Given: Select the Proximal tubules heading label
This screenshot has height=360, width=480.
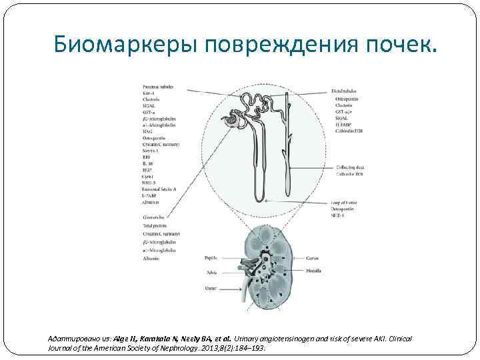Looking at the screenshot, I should pyautogui.click(x=158, y=86).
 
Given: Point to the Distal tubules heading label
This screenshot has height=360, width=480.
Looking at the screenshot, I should pyautogui.click(x=347, y=90).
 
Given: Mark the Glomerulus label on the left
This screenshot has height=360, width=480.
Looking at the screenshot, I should pyautogui.click(x=155, y=217).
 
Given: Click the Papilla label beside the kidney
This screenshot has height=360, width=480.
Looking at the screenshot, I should pyautogui.click(x=213, y=257).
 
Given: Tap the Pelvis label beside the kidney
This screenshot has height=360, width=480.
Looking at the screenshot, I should pyautogui.click(x=212, y=271).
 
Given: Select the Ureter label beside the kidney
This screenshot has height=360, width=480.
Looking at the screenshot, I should pyautogui.click(x=211, y=288).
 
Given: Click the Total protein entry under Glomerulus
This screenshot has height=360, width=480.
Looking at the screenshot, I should pyautogui.click(x=158, y=226).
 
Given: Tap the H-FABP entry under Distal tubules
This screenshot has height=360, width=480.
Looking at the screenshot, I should pyautogui.click(x=345, y=125).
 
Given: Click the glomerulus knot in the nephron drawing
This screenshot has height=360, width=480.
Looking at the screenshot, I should pyautogui.click(x=234, y=120).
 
